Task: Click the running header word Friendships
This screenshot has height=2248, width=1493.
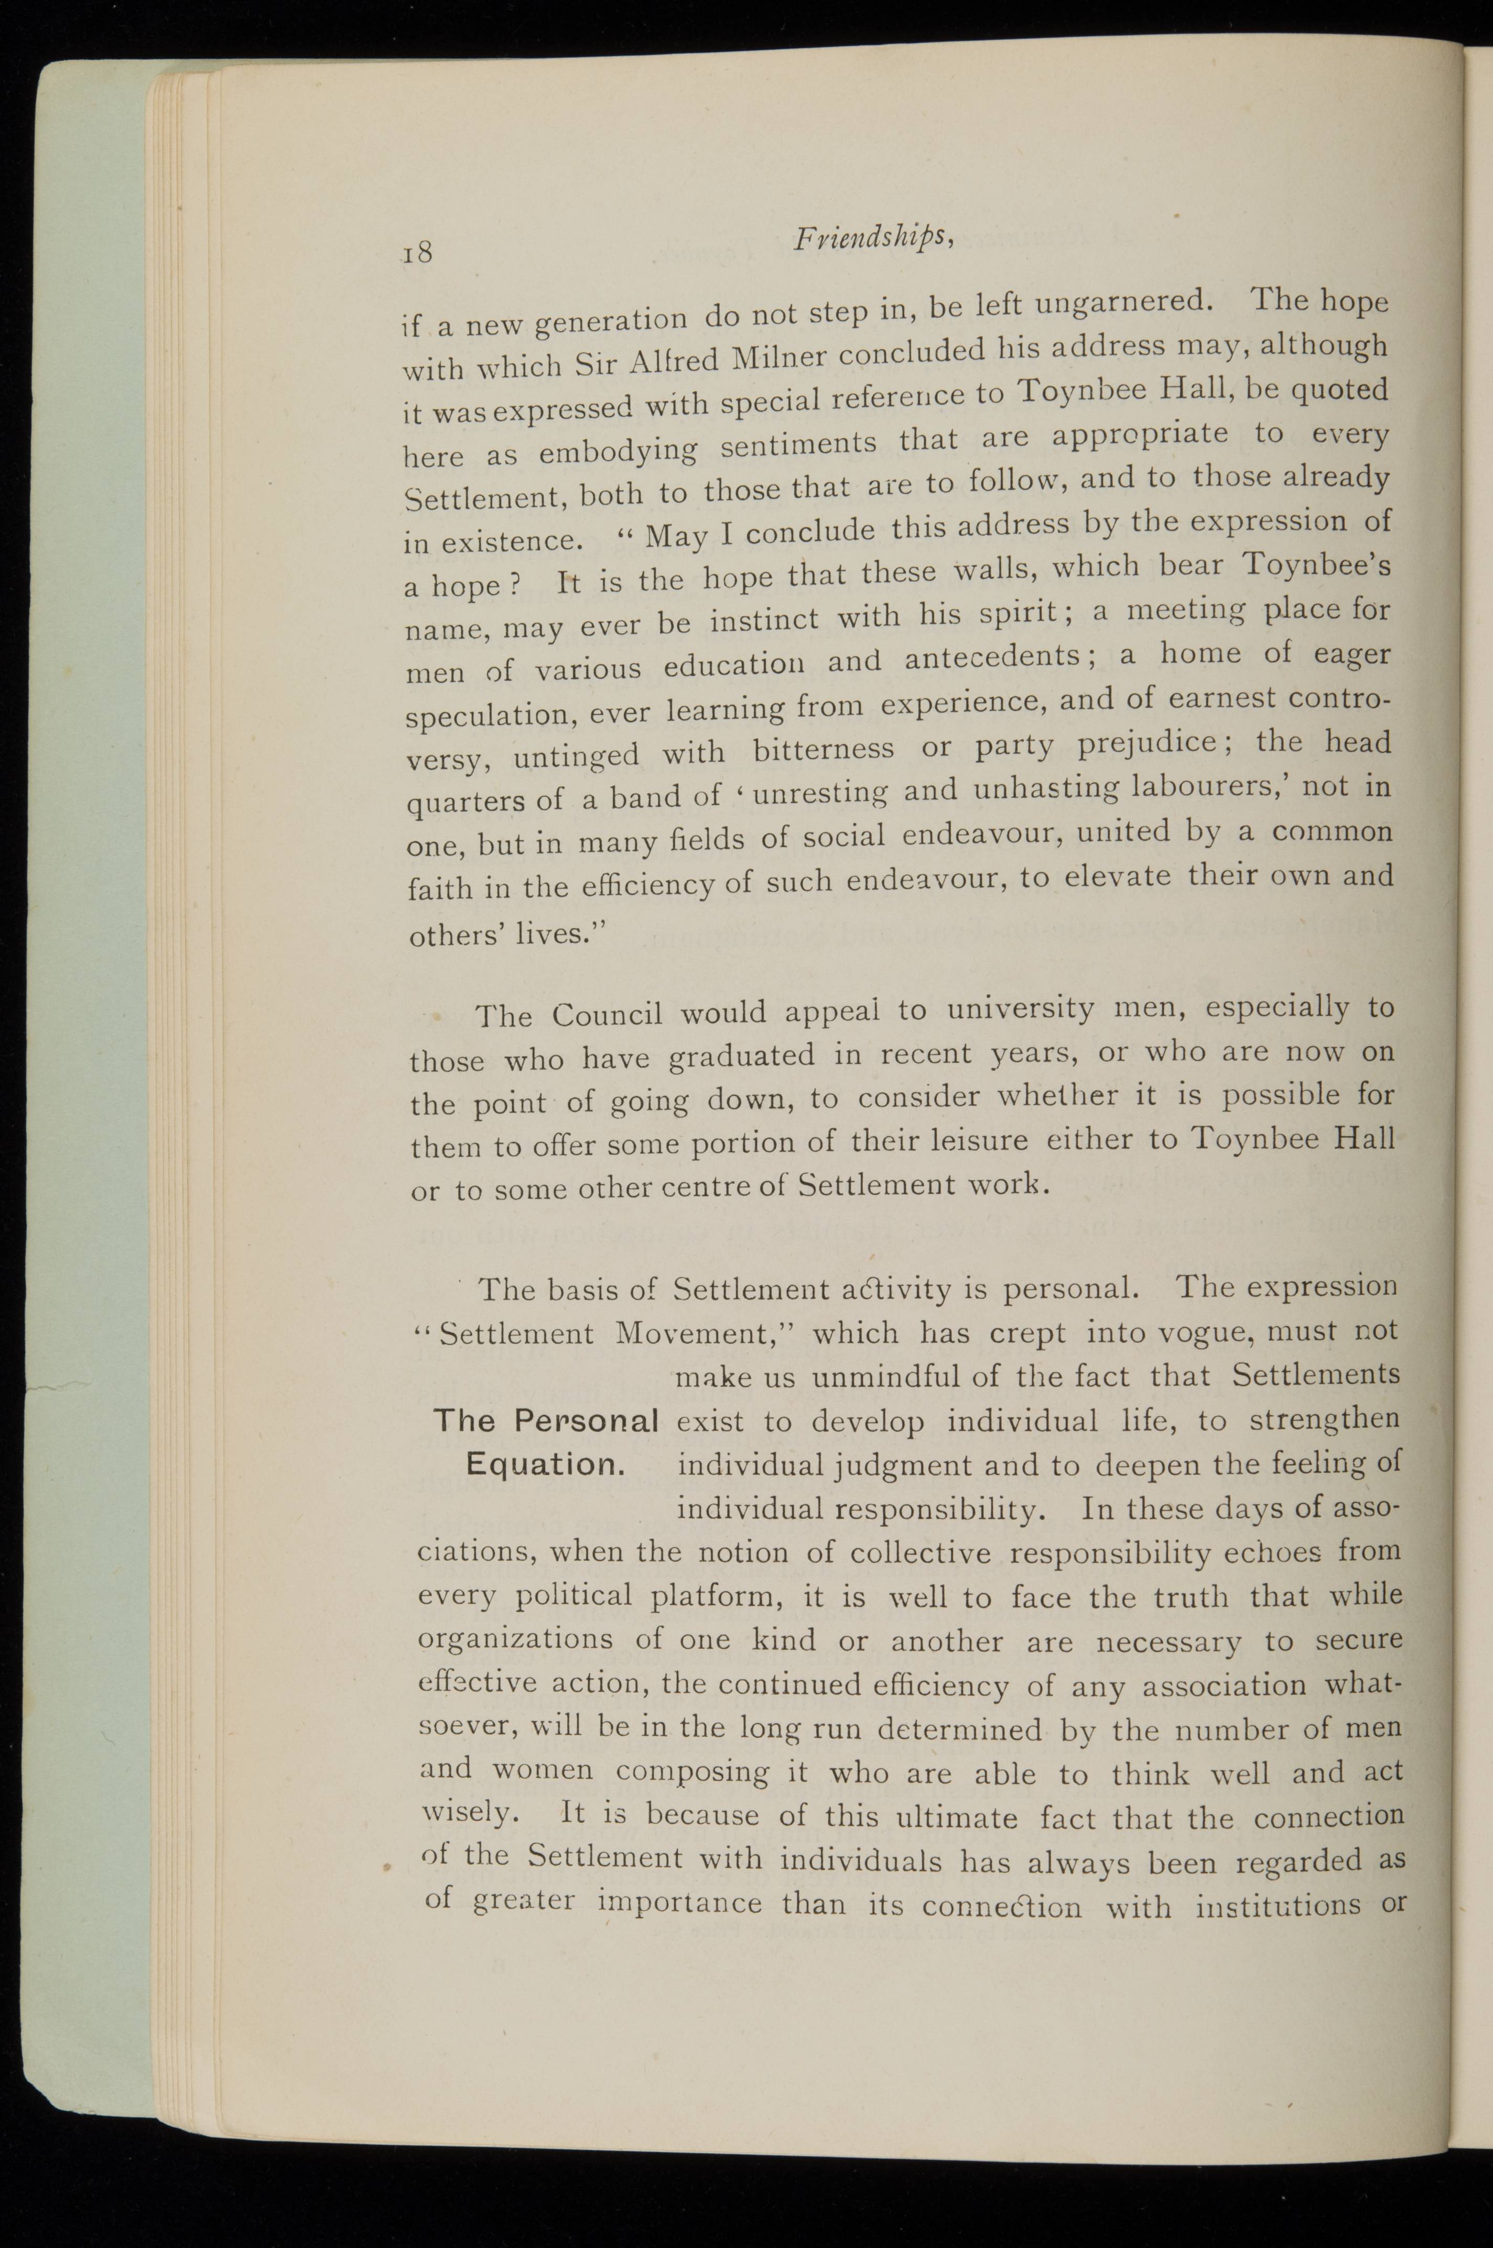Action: point(871,241)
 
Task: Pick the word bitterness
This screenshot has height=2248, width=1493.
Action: point(823,749)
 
